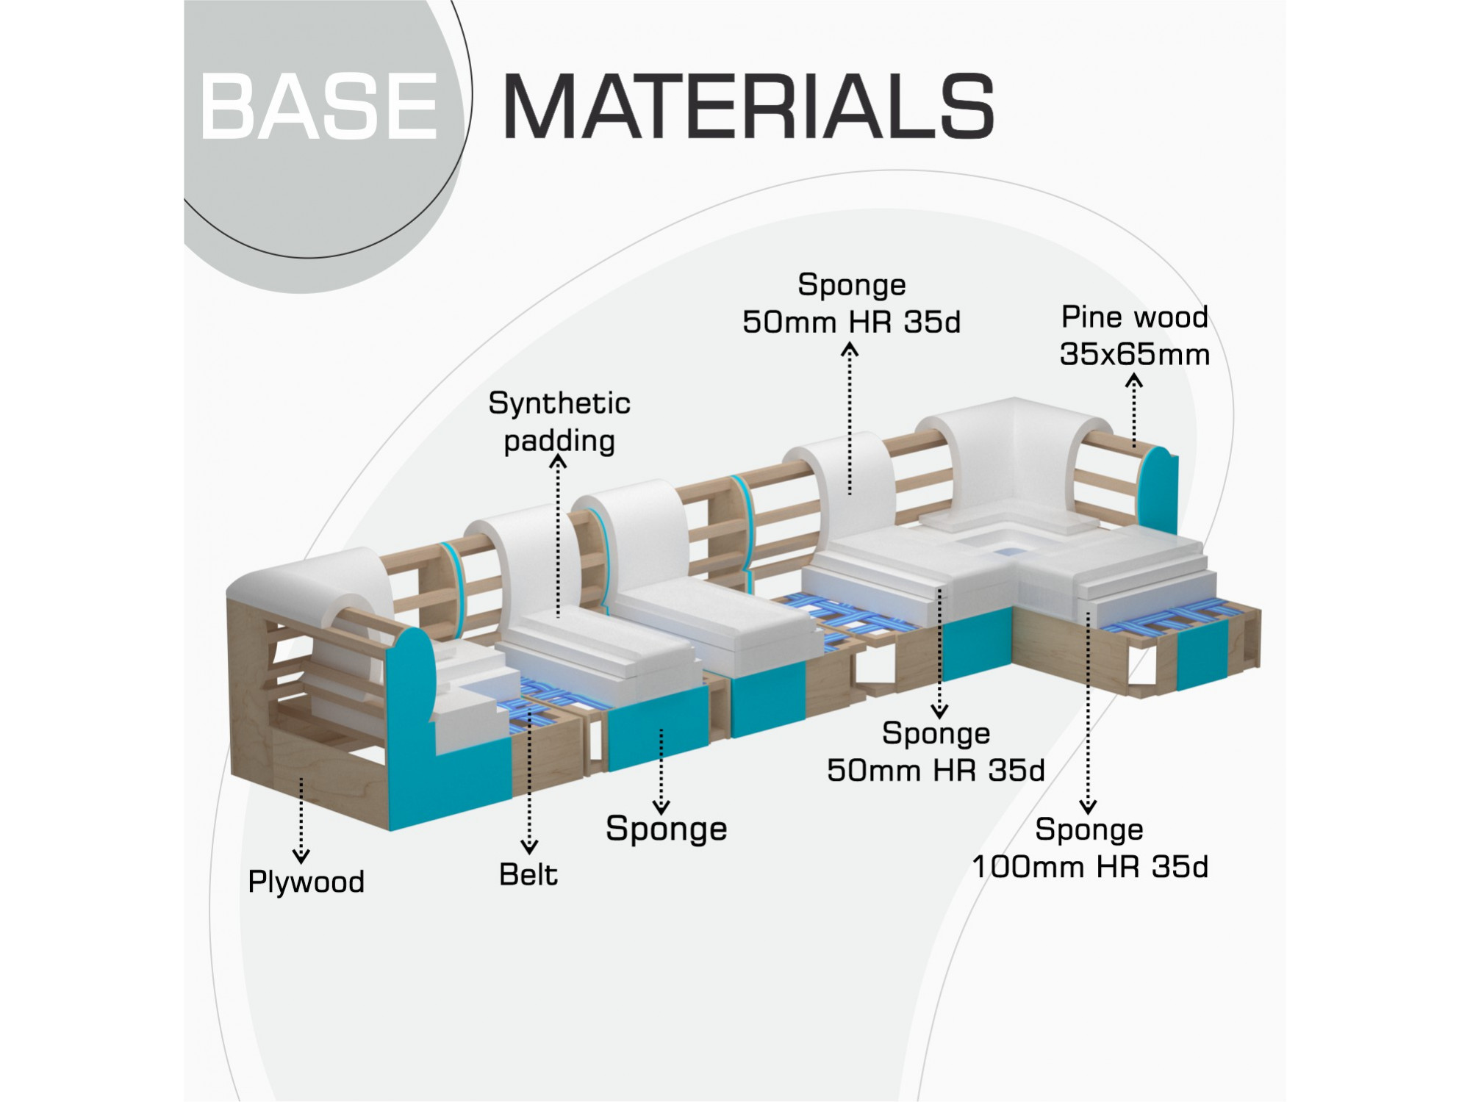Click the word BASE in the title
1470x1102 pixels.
[x=319, y=106]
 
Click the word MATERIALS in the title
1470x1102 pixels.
[x=749, y=106]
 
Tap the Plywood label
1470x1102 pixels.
[x=306, y=882]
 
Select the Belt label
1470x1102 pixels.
[x=528, y=874]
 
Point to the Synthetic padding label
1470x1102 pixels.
[x=559, y=422]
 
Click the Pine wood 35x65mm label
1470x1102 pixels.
[x=1135, y=336]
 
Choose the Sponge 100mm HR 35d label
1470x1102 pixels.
[x=1090, y=848]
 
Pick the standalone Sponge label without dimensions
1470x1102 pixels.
[x=667, y=829]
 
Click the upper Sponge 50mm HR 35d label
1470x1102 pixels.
[x=852, y=303]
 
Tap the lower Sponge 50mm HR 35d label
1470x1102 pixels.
[x=936, y=752]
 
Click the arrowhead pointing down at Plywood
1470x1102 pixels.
[x=301, y=856]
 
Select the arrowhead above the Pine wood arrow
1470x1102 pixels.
[x=1134, y=381]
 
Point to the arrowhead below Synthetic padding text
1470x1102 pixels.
[x=559, y=461]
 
